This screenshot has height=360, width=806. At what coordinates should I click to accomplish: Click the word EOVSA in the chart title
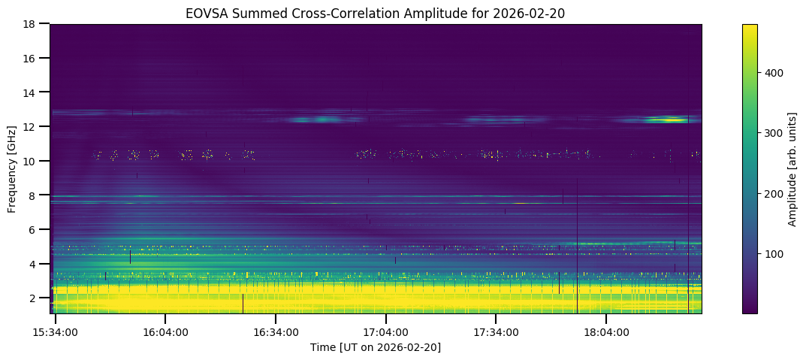[x=203, y=13]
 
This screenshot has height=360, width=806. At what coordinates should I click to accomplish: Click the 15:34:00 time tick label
[x=56, y=331]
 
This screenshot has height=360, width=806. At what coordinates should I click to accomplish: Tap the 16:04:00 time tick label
[x=165, y=331]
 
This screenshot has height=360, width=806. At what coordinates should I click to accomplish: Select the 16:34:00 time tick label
[x=276, y=331]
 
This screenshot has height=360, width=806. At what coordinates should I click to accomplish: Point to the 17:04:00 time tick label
[x=386, y=331]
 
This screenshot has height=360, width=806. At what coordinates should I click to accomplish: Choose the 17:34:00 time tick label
[x=497, y=331]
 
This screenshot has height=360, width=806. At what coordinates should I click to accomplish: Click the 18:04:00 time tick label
[x=607, y=331]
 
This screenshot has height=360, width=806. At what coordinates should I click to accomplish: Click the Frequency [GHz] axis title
[x=12, y=168]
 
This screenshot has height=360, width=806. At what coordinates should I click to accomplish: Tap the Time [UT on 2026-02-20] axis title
[x=376, y=347]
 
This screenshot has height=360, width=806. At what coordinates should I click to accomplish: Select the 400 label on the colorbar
[x=774, y=73]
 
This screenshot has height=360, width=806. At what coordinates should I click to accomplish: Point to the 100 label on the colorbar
[x=774, y=254]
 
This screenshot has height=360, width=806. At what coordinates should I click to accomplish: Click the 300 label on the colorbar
[x=774, y=133]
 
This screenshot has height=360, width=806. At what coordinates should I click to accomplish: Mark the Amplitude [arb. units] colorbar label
[x=792, y=168]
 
